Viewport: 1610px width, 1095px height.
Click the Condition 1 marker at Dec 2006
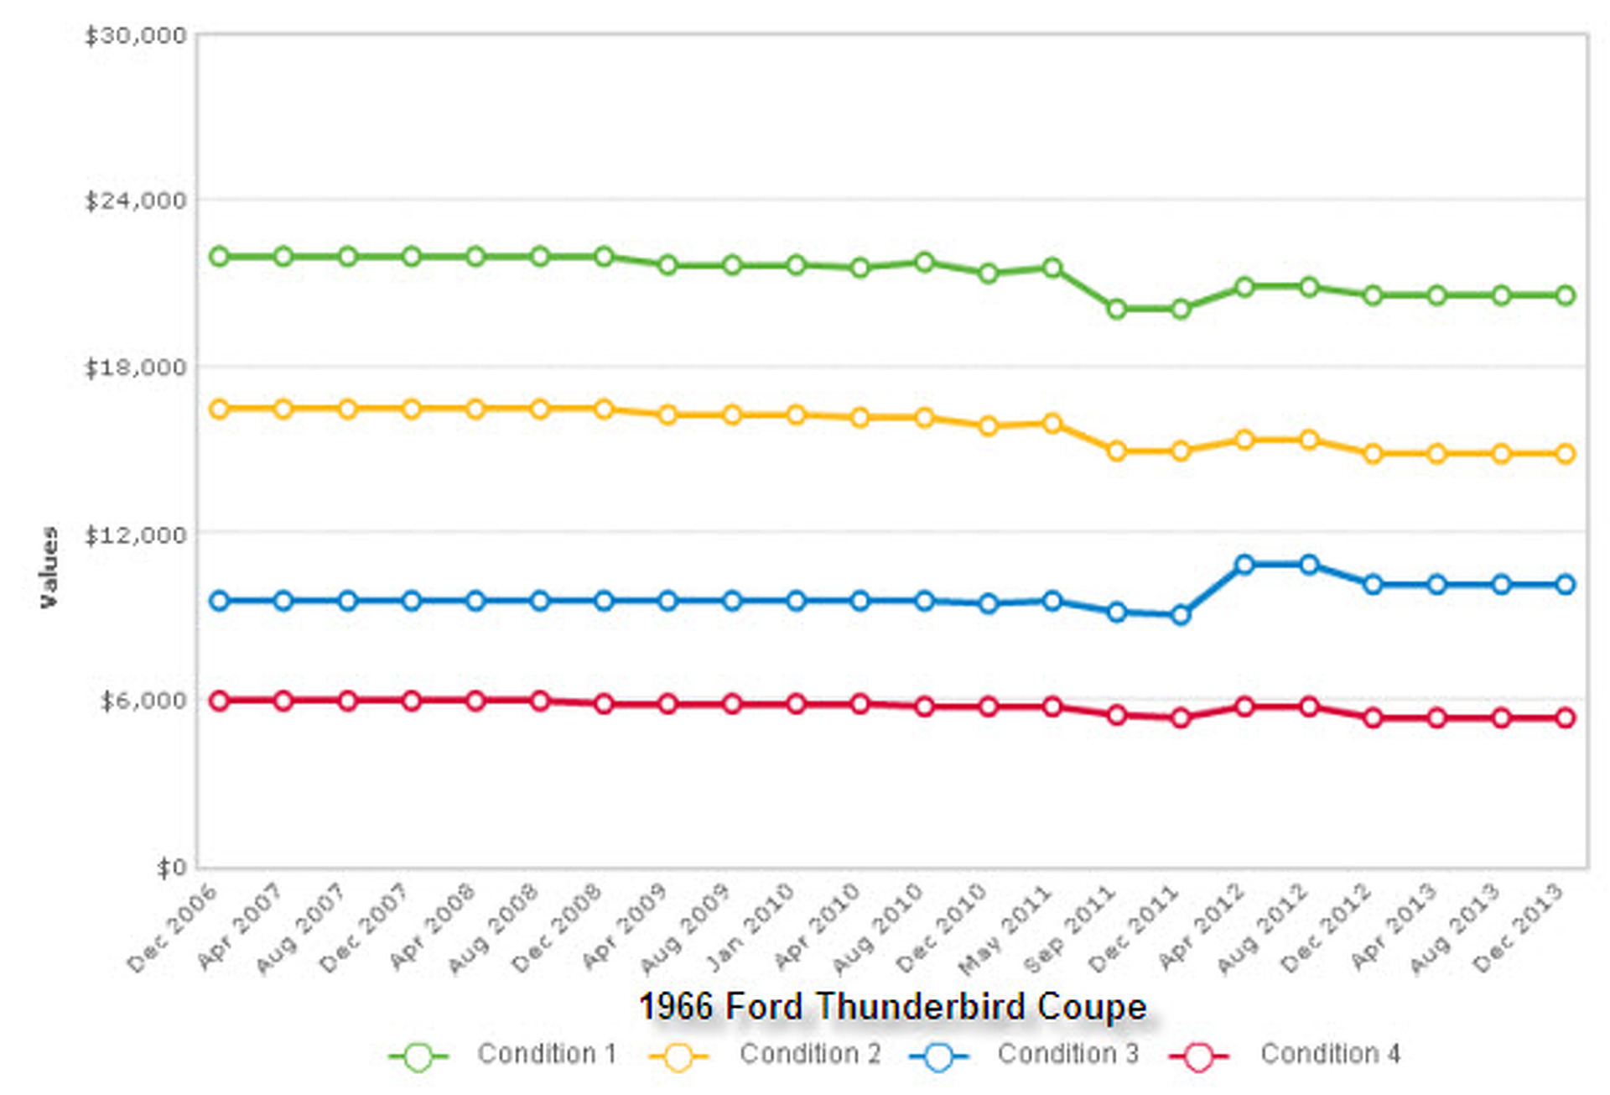(x=220, y=257)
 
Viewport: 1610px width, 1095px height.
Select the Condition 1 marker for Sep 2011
(x=1116, y=310)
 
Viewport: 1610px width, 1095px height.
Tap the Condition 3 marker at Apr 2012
(x=1244, y=565)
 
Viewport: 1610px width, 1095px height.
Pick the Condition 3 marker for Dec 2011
(x=1181, y=615)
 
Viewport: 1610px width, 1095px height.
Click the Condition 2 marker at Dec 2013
(x=1565, y=454)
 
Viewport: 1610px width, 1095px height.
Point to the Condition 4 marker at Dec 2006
(x=220, y=701)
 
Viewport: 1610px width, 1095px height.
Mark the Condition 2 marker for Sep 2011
(x=1116, y=451)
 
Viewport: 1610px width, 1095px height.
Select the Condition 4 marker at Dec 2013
(x=1565, y=718)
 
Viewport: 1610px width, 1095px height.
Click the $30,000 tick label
(x=135, y=36)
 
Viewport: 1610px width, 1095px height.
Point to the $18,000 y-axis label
(x=135, y=368)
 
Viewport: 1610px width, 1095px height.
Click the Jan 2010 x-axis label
(x=750, y=927)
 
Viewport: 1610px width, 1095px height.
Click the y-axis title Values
(x=49, y=567)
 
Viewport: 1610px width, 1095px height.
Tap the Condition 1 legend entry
(x=546, y=1054)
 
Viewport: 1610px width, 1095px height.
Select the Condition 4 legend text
(x=1330, y=1054)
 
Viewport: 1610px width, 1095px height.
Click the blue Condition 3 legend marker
(x=939, y=1056)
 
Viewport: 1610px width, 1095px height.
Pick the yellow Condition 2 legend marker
(x=678, y=1056)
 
